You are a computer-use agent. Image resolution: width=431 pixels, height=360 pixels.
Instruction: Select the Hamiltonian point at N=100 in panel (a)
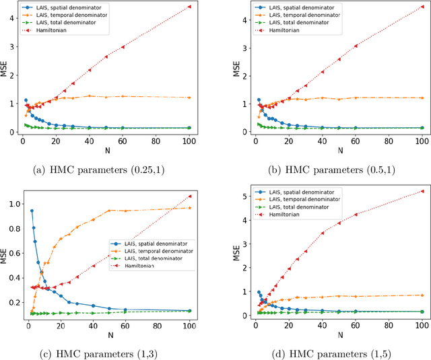pyautogui.click(x=189, y=7)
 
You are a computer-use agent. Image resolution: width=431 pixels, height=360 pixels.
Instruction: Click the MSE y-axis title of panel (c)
pyautogui.click(x=5, y=254)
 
